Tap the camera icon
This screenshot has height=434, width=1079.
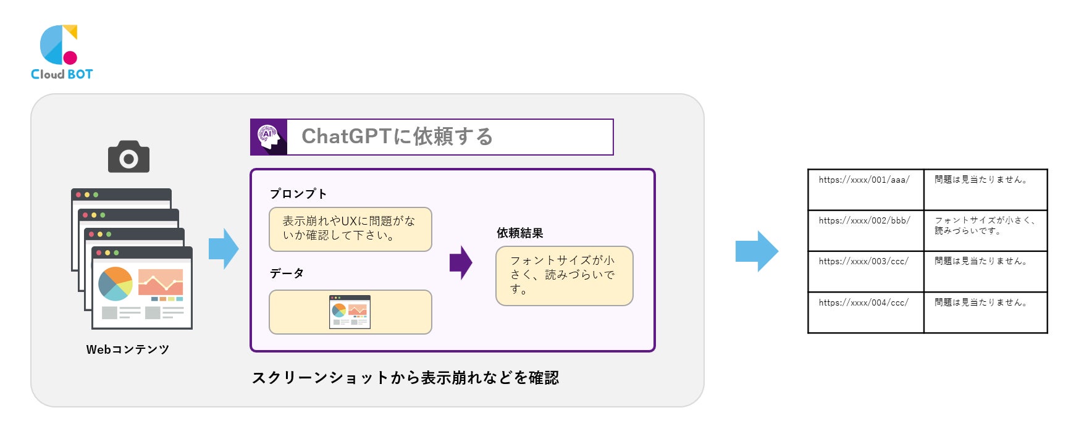point(128,157)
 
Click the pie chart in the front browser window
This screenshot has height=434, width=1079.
point(115,283)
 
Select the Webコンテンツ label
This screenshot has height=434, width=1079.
point(128,349)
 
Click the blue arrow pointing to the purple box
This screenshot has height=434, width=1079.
point(223,249)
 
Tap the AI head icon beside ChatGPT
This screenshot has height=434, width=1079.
point(269,137)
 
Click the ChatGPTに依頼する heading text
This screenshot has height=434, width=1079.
point(397,136)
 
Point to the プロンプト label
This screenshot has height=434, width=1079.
point(298,194)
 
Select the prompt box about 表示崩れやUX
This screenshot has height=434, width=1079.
point(350,229)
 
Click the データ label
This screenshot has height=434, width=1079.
point(287,273)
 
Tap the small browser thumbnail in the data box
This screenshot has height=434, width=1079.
point(350,312)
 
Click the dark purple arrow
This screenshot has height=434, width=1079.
point(461,262)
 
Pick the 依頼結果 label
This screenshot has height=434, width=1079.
point(520,233)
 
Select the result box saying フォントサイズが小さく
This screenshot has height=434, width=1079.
point(564,275)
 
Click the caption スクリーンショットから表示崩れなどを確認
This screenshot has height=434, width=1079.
point(405,378)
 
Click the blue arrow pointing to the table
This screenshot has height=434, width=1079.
point(757,251)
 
